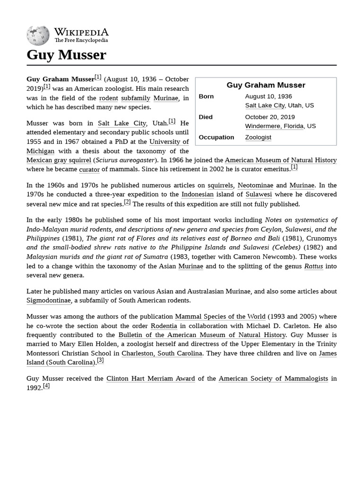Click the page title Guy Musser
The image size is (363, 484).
[x=66, y=55]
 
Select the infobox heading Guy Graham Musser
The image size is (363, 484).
[x=266, y=85]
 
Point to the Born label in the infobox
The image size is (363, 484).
[x=206, y=96]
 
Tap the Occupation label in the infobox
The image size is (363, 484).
[x=216, y=137]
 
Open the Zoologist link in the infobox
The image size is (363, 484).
[x=258, y=137]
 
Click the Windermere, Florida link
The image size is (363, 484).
[x=274, y=126]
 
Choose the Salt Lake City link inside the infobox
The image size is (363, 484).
[x=265, y=105]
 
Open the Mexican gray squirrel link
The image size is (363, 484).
[x=59, y=160]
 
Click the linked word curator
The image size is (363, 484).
[x=89, y=169]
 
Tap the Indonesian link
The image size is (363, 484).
[x=197, y=194]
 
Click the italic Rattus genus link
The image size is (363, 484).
[x=313, y=266]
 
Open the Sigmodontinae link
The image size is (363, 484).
[x=49, y=300]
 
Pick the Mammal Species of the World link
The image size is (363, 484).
[x=220, y=316]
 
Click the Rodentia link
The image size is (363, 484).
[x=164, y=326]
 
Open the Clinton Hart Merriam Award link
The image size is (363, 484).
[x=150, y=379]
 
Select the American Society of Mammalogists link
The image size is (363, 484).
[x=273, y=379]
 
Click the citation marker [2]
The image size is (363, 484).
[x=127, y=202]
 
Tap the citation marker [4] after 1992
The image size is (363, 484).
[x=46, y=386]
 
